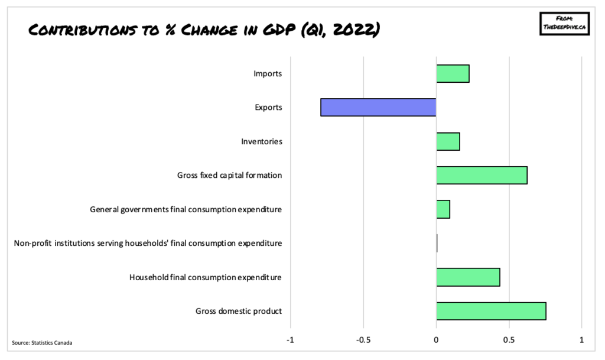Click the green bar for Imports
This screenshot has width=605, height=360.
(x=453, y=74)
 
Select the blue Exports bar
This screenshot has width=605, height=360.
(x=379, y=108)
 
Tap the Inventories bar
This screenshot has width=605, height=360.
(x=448, y=142)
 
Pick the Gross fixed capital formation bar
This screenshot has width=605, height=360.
(x=482, y=176)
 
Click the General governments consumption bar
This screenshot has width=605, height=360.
(x=443, y=209)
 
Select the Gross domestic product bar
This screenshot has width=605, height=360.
(x=491, y=311)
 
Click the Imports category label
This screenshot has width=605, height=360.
(x=268, y=74)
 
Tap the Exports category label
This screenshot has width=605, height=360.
(x=268, y=108)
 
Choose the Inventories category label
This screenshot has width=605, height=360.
(x=262, y=142)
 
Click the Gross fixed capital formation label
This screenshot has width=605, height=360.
(x=229, y=176)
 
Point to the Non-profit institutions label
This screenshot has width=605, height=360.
(x=148, y=243)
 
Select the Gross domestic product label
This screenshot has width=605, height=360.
(x=239, y=311)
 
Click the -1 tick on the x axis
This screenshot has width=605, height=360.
(x=290, y=340)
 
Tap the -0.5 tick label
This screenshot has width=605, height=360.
(x=363, y=340)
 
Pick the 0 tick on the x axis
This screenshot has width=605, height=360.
(x=436, y=340)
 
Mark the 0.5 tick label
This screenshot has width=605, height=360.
(x=509, y=340)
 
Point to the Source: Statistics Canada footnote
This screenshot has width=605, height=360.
(x=42, y=343)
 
